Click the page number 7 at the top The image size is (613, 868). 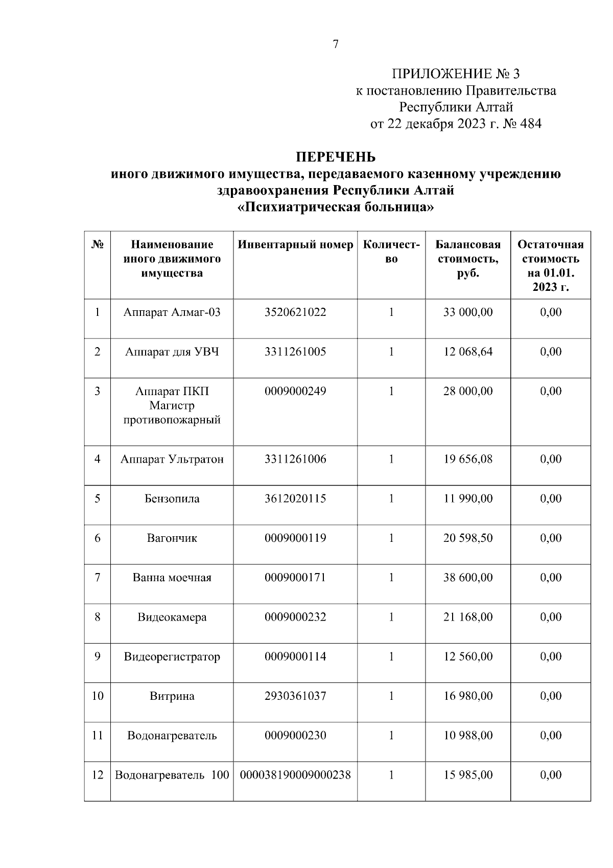(x=336, y=44)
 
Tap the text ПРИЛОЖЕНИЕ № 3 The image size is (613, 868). (x=456, y=74)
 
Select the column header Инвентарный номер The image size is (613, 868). (x=295, y=245)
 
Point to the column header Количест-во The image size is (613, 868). (x=391, y=252)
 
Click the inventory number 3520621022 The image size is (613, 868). (x=295, y=312)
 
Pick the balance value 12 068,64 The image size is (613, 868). (x=468, y=352)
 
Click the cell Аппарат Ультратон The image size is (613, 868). (x=172, y=459)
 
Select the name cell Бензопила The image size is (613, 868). (x=172, y=498)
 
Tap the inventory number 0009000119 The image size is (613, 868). (x=295, y=538)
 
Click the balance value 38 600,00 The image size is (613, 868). (x=468, y=578)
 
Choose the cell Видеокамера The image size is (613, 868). (x=172, y=617)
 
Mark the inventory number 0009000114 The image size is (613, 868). (x=295, y=656)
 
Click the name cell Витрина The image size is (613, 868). (x=172, y=696)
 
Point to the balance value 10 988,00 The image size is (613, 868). (x=468, y=736)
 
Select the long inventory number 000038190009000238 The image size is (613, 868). (x=295, y=775)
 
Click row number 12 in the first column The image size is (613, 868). (x=98, y=775)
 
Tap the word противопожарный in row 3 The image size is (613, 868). (x=172, y=420)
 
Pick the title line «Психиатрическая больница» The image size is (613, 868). (x=336, y=208)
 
